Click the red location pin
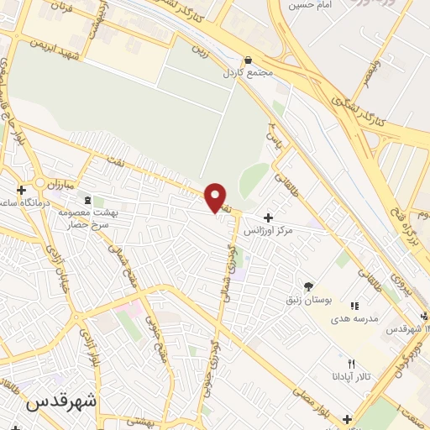pos(215,196)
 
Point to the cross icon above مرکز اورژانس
pos(268,218)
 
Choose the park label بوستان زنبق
pos(318,299)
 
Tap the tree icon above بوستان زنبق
pos(308,286)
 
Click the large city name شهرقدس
pos(61,401)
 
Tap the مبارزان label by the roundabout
pos(61,182)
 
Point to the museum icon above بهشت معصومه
pos(89,200)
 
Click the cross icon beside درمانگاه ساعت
pos(21,190)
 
